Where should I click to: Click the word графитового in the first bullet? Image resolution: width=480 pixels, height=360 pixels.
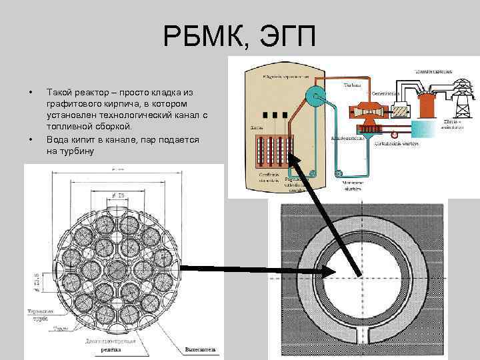point(73,105)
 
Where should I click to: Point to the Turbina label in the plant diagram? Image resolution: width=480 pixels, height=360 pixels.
point(351,85)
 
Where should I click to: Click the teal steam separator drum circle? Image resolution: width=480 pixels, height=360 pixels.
point(314,95)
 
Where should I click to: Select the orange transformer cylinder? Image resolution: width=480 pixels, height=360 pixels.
point(427,103)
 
